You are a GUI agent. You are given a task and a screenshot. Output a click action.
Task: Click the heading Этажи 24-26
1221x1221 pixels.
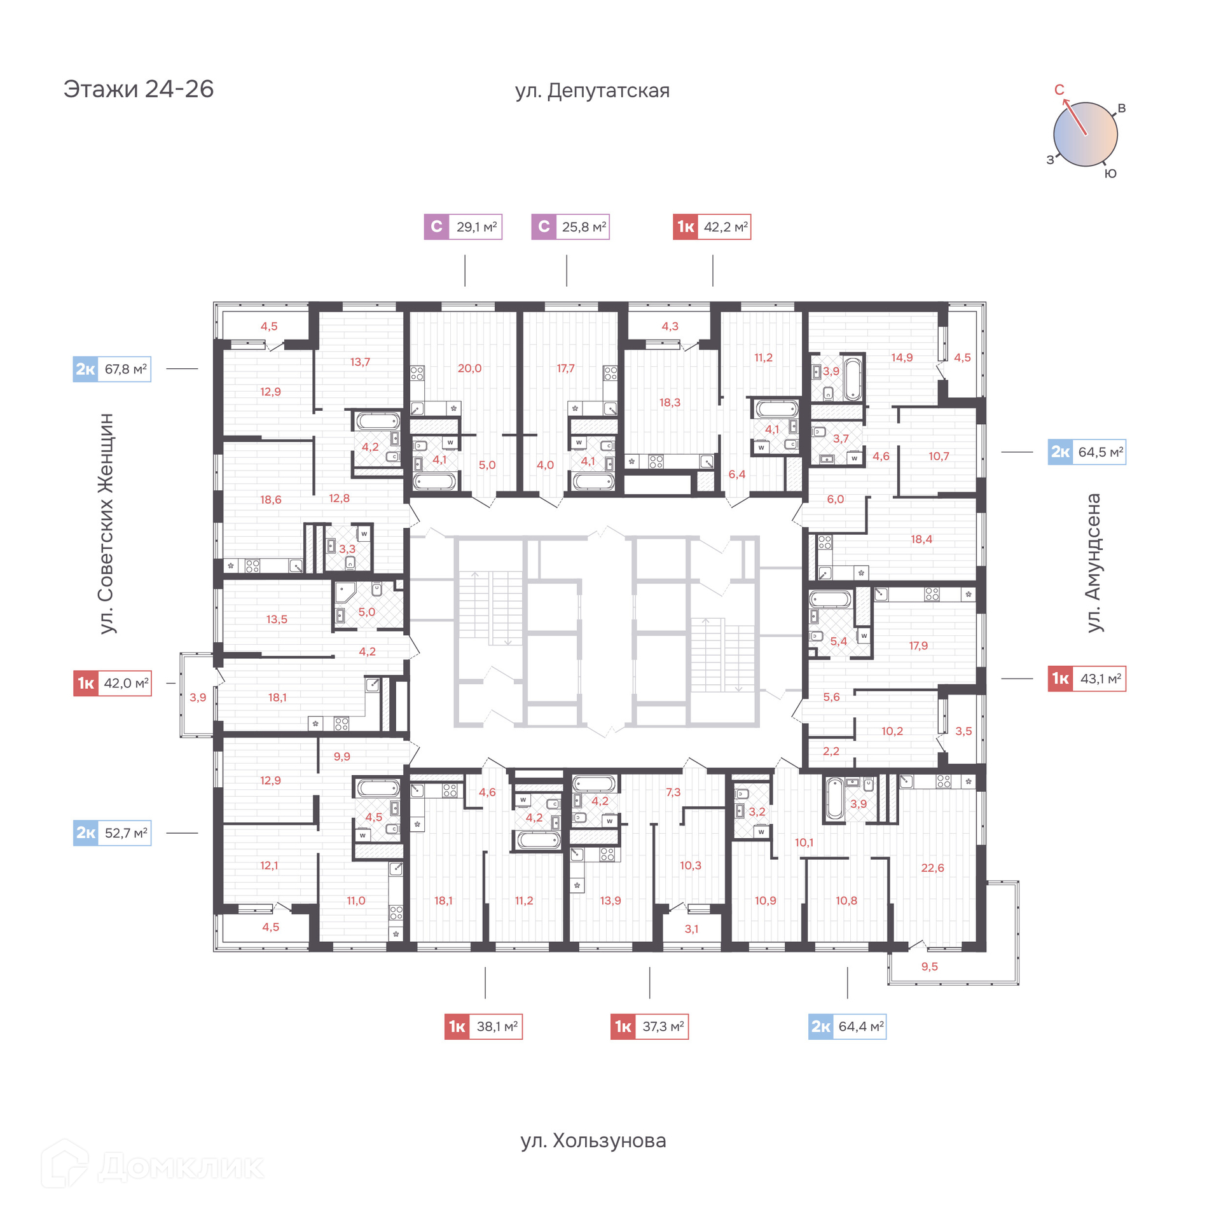pos(139,89)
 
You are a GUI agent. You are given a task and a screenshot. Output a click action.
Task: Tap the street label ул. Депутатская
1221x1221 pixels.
pos(592,91)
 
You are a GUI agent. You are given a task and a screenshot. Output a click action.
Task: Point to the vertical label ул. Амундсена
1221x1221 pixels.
pos(1093,563)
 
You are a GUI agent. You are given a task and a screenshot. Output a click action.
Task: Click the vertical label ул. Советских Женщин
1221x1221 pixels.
pos(106,523)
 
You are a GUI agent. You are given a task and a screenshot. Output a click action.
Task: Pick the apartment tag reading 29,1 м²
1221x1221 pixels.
pos(463,227)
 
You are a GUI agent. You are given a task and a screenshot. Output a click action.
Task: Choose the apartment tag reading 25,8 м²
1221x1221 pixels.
pos(570,227)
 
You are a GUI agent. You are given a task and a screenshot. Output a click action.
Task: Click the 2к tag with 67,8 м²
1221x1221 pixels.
pos(112,369)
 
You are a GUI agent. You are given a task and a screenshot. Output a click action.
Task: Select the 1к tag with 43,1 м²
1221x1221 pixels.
pos(1087,679)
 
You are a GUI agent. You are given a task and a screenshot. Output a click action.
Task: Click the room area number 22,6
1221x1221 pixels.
pos(932,868)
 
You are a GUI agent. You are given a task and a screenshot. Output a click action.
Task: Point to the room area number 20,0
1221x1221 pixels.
pos(469,368)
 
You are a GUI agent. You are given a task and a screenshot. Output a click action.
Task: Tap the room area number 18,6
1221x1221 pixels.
pos(270,500)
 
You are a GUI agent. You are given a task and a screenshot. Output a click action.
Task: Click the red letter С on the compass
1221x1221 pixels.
pos(1059,90)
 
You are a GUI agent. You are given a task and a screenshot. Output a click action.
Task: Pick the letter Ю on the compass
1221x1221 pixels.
pos(1110,174)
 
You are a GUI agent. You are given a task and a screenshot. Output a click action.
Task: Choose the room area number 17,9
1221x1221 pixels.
pos(918,645)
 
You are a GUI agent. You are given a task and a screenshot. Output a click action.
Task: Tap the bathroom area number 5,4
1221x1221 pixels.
pos(838,641)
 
